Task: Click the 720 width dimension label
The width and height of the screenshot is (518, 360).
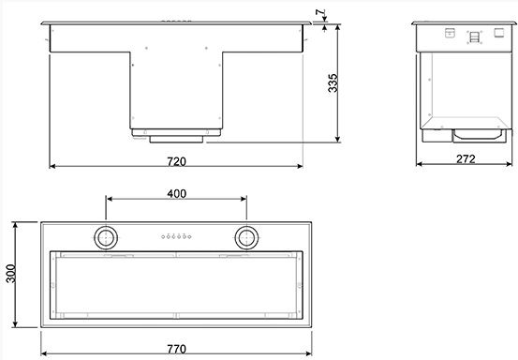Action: coord(176,160)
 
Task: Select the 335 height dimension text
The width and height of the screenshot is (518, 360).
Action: coord(333,85)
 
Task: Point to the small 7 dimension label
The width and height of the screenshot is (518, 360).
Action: coord(320,12)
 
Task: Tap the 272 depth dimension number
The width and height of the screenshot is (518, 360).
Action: coord(466,159)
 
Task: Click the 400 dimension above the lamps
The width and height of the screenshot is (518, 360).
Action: coord(176,193)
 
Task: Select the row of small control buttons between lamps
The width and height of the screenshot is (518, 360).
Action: coord(176,236)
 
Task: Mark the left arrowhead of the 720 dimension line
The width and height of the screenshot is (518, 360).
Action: coord(52,168)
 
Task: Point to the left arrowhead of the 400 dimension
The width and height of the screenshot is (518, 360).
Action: coord(109,200)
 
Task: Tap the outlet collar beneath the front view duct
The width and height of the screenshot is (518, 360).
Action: coord(176,135)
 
